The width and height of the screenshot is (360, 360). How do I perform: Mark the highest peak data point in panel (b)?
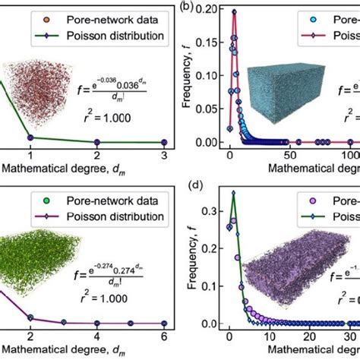click(233, 13)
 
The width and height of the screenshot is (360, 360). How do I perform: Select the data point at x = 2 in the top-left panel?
click(97, 142)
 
